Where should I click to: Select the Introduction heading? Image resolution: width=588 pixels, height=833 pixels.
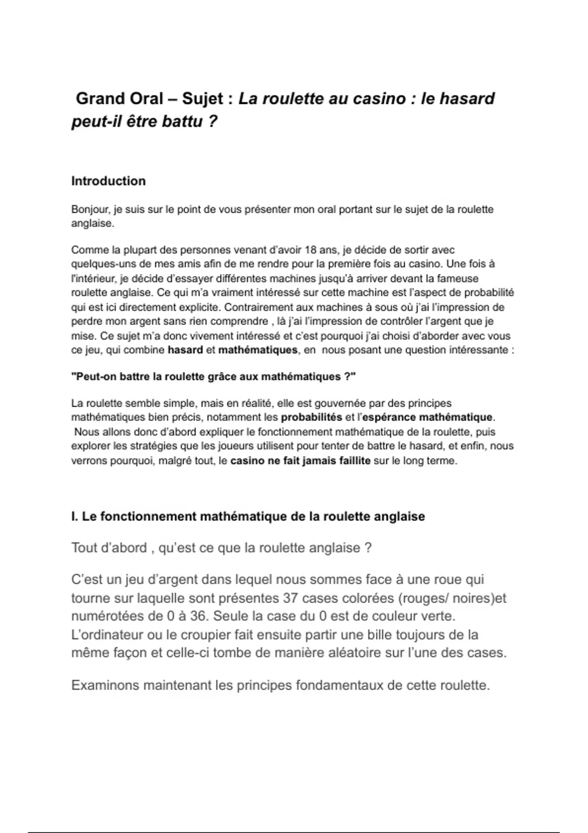[108, 181]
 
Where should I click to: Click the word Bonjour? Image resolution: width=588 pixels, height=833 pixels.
[90, 209]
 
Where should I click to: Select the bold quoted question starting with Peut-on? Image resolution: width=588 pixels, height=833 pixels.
[213, 377]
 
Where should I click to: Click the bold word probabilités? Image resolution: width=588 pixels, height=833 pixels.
[311, 417]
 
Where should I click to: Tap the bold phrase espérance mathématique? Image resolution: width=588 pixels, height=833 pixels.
[428, 417]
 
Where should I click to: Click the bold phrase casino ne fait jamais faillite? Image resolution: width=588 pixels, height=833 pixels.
[300, 461]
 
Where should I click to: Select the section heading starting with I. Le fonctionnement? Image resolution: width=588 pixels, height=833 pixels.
[248, 516]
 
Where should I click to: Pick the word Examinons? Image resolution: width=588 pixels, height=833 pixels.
[105, 685]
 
